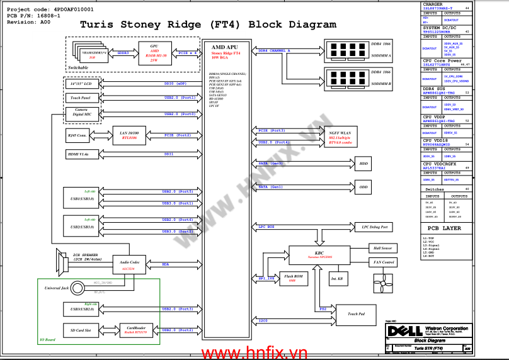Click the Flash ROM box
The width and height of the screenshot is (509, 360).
point(292,278)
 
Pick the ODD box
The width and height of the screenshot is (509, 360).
point(363,187)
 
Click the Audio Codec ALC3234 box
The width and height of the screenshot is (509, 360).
point(129,265)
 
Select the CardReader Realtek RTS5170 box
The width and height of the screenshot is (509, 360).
point(137,330)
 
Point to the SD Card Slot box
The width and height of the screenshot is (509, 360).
point(81,330)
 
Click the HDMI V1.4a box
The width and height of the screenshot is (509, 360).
point(78,154)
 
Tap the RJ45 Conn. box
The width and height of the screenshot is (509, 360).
point(78,135)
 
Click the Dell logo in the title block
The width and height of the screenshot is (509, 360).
point(400,330)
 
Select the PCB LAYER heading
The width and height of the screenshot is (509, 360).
point(444,228)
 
